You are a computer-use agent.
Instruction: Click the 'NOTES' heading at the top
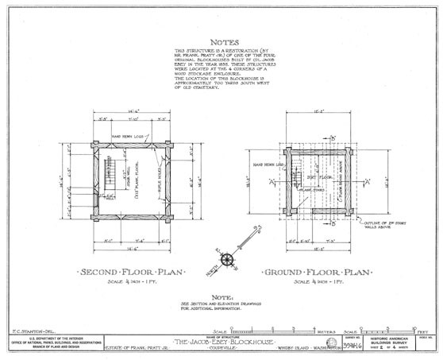[x=221, y=43]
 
